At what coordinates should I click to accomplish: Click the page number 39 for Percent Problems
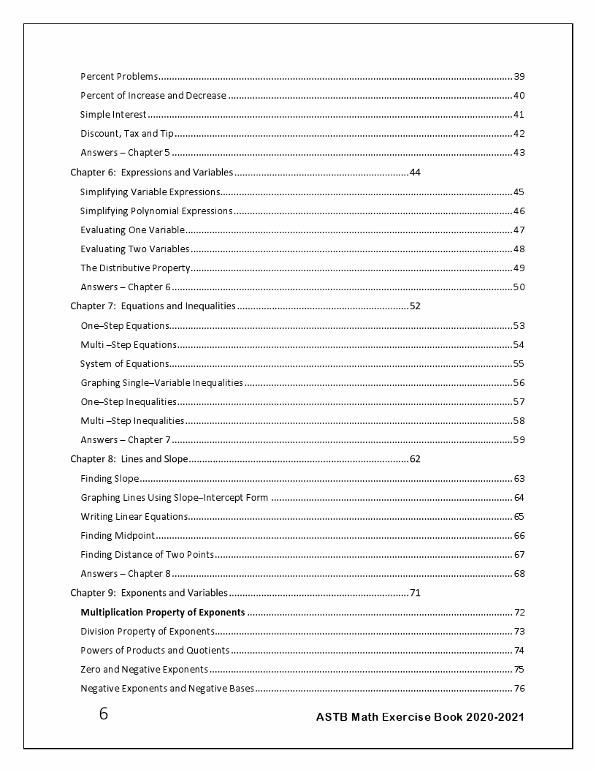[x=519, y=77]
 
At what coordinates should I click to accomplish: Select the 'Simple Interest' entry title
[x=113, y=115]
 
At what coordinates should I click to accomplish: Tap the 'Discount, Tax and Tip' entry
[x=127, y=134]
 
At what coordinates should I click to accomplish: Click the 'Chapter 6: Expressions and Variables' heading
[x=151, y=173]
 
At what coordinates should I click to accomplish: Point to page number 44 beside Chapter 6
[x=416, y=173]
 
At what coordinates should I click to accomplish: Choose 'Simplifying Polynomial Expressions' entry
[x=156, y=211]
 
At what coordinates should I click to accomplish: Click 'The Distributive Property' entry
[x=135, y=268]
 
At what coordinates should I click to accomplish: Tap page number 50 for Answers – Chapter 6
[x=519, y=287]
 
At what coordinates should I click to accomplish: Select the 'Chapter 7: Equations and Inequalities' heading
[x=153, y=306]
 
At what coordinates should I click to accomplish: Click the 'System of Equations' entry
[x=125, y=363]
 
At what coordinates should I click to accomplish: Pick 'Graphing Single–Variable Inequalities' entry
[x=161, y=382]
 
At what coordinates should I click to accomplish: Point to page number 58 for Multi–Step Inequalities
[x=519, y=420]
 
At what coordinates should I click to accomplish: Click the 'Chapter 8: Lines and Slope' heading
[x=129, y=459]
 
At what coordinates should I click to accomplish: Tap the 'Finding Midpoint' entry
[x=118, y=536]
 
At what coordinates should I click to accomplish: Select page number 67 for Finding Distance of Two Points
[x=519, y=555]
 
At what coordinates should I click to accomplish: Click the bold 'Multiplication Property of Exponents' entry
[x=163, y=613]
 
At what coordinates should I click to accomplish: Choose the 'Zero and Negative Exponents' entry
[x=145, y=670]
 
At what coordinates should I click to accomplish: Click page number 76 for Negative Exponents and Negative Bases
[x=519, y=689]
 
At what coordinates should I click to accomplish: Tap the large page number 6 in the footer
[x=104, y=714]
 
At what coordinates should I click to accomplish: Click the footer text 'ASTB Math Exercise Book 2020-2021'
[x=420, y=717]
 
